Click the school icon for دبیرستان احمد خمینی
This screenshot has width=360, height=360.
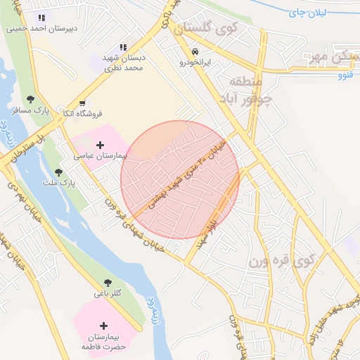[x=41, y=18]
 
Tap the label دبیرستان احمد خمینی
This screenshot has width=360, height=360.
[x=41, y=30]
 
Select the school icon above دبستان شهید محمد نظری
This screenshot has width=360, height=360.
[x=123, y=48]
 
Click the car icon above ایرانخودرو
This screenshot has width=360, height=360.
[x=193, y=51]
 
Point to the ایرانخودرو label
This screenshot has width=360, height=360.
[x=193, y=63]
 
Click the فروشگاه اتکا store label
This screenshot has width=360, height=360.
[x=80, y=113]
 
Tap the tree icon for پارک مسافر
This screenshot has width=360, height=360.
[x=30, y=100]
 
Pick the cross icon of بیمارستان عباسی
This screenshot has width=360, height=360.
[x=100, y=144]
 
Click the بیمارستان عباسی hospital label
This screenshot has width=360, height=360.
[x=99, y=155]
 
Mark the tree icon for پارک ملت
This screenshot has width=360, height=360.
[x=58, y=172]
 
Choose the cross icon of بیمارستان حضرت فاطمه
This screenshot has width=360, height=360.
[x=104, y=326]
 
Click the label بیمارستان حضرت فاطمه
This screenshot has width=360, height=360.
[x=104, y=341]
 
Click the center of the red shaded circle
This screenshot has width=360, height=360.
[x=180, y=180]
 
